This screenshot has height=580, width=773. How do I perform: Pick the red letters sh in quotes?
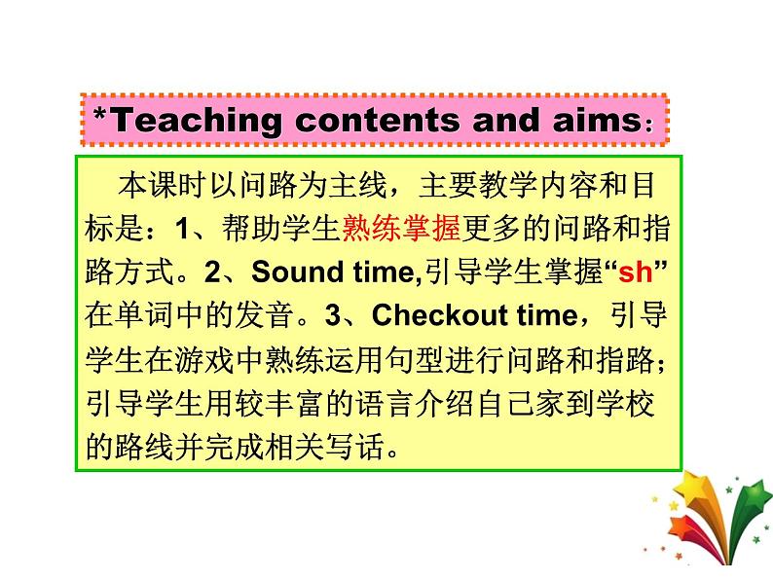coord(635,272)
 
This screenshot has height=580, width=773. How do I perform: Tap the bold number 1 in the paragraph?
coord(182,230)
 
